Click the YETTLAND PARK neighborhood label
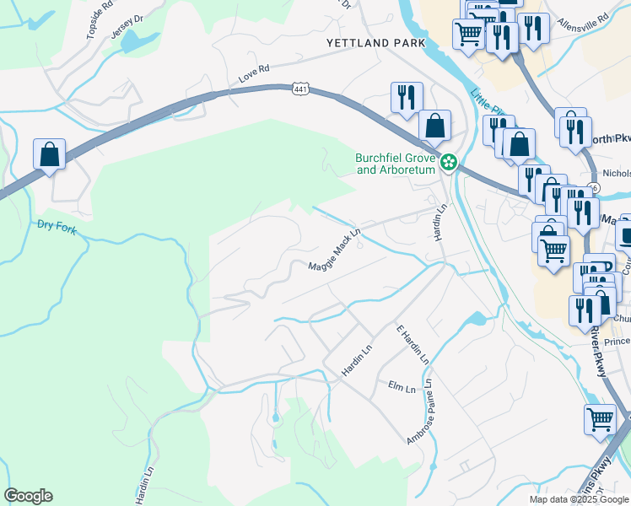coord(375,42)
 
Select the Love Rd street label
coord(253,73)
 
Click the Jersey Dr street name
coord(127,26)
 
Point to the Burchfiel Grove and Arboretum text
coord(396,163)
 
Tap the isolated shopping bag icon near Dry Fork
coord(50,154)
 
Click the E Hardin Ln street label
coord(413,343)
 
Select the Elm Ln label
coord(401,389)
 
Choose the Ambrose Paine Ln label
coord(418,412)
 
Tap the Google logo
coord(28,496)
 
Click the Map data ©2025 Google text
coord(579,499)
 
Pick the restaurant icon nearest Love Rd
coord(407,98)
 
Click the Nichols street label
coord(616,173)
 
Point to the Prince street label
coord(616,342)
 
